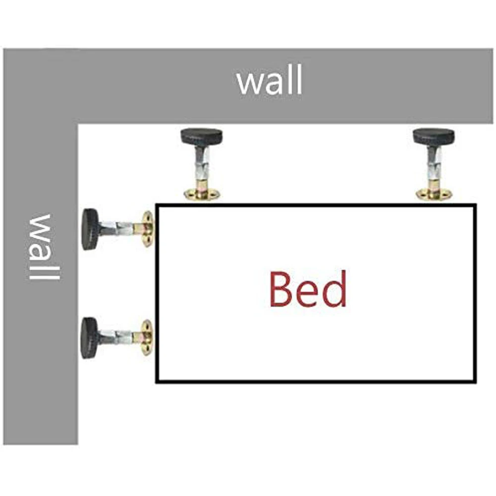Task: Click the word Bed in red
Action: (307, 289)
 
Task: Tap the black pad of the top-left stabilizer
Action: (201, 136)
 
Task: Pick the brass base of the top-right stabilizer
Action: (434, 194)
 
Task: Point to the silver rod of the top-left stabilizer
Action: (202, 166)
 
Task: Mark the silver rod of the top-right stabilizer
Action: (434, 165)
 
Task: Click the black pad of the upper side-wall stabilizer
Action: (90, 229)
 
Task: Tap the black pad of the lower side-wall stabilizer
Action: (90, 337)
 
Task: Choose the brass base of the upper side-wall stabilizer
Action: (147, 229)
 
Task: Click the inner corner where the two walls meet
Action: (78, 124)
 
